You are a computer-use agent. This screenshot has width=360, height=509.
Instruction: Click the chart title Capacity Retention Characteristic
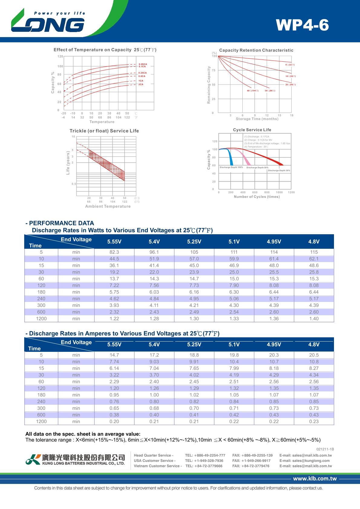tap(256, 50)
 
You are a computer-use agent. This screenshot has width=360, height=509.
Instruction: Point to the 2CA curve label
tap(141, 84)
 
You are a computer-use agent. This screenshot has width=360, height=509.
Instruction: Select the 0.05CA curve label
tap(143, 64)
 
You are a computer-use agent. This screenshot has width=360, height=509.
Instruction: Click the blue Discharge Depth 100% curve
tap(231, 157)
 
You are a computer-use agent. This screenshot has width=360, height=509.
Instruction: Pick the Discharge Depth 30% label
tap(279, 170)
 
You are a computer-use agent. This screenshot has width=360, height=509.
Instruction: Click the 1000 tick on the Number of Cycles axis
tap(279, 192)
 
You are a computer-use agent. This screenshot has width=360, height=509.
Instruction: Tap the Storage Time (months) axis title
tap(257, 119)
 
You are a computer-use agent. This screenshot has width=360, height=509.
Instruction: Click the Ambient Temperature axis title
tap(108, 206)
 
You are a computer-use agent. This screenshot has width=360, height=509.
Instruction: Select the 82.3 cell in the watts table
tap(114, 252)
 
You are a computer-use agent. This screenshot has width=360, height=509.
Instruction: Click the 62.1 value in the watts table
tap(314, 259)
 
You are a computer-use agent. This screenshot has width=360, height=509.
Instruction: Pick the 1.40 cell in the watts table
tap(314, 319)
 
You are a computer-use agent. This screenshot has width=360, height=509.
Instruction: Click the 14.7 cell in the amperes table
tap(114, 355)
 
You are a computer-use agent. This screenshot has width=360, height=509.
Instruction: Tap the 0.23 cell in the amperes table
tap(314, 421)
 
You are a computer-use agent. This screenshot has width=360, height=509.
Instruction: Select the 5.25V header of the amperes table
tap(194, 345)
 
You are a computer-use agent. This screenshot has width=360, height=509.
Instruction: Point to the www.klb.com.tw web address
tap(315, 478)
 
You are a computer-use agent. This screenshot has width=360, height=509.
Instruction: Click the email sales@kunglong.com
tap(304, 461)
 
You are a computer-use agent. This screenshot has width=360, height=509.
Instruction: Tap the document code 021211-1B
tap(325, 449)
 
